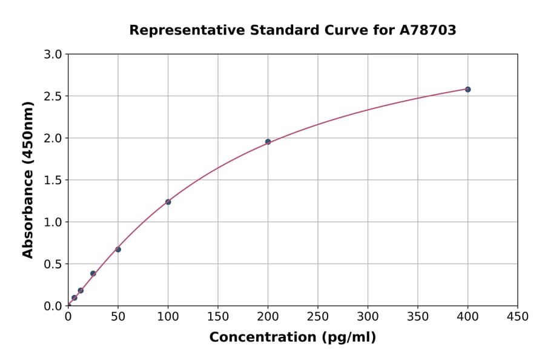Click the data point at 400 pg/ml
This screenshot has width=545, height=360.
pyautogui.click(x=467, y=89)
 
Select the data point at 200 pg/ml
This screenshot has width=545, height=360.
pyautogui.click(x=268, y=142)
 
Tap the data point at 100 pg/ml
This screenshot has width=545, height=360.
pyautogui.click(x=168, y=202)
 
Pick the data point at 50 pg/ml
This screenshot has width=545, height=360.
pyautogui.click(x=118, y=249)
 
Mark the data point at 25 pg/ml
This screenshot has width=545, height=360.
pyautogui.click(x=93, y=273)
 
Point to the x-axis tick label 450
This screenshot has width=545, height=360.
pyautogui.click(x=517, y=316)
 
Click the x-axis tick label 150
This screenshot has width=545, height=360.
pyautogui.click(x=218, y=316)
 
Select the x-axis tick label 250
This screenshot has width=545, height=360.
pyautogui.click(x=318, y=316)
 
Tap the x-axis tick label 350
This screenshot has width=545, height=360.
pyautogui.click(x=418, y=316)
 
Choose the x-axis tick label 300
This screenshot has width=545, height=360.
pyautogui.click(x=368, y=316)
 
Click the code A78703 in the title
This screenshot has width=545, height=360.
pyautogui.click(x=428, y=30)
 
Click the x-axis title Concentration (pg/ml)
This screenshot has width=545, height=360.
pyautogui.click(x=292, y=338)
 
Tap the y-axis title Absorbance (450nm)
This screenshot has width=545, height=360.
pyautogui.click(x=28, y=179)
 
